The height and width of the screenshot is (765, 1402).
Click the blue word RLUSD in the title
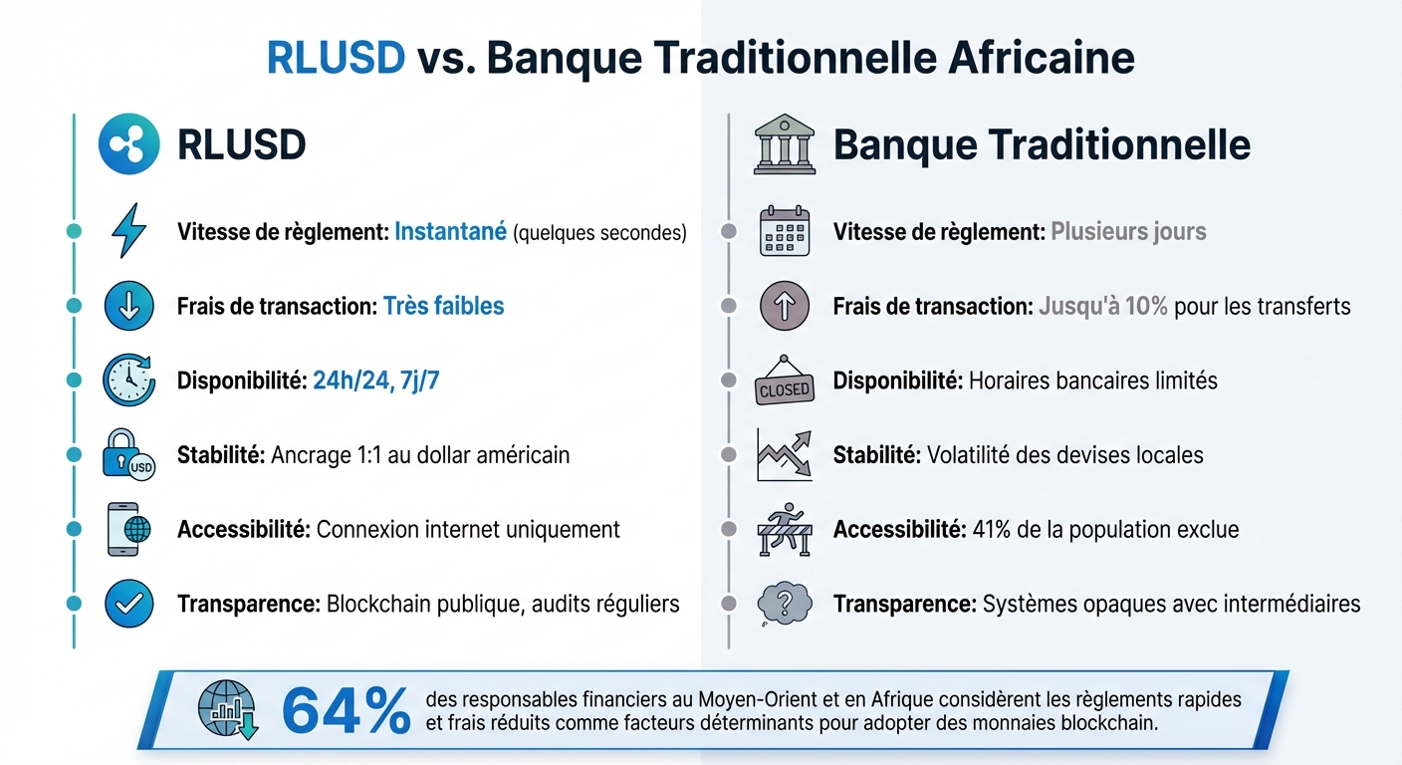tap(336, 59)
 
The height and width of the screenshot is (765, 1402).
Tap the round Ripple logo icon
tap(128, 145)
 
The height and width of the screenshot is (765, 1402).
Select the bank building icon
tap(784, 145)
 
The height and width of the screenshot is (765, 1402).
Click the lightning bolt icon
tap(128, 231)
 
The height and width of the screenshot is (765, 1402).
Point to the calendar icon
tap(785, 231)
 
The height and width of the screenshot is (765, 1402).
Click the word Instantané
tap(450, 232)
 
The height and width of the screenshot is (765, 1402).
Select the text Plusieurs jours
tap(1128, 232)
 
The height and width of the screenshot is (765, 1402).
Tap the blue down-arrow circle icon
tap(128, 306)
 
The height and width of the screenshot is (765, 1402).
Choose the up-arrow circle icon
tap(785, 306)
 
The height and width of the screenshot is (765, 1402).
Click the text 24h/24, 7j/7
tap(375, 381)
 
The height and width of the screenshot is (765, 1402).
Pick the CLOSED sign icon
tap(785, 382)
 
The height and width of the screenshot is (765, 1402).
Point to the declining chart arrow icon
tap(785, 454)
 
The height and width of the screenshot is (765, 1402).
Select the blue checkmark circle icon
tap(128, 604)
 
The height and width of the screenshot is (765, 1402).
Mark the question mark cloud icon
tap(785, 604)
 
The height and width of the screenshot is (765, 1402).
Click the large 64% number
tap(346, 711)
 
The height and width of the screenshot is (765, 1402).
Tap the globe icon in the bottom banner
tap(228, 709)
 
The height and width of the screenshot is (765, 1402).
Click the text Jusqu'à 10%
tap(1102, 306)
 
